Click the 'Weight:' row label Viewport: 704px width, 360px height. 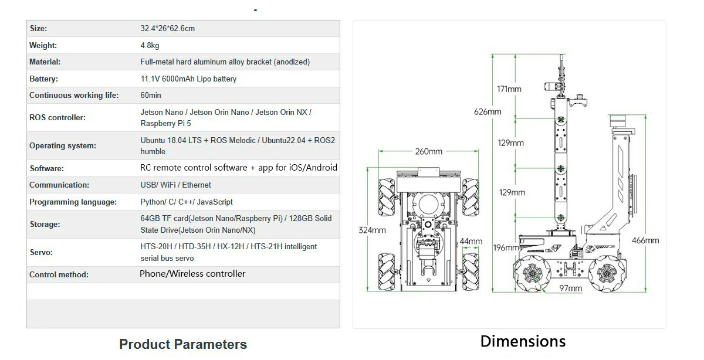[x=43, y=45]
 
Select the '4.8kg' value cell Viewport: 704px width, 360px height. [x=150, y=45]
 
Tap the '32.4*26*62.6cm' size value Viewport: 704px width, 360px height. [x=167, y=28]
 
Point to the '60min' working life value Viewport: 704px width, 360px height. [x=151, y=95]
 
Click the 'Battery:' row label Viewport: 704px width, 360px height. [x=44, y=79]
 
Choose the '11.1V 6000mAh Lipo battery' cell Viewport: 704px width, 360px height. [x=188, y=79]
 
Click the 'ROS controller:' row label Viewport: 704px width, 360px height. [x=57, y=117]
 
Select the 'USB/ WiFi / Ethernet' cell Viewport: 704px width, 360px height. [x=175, y=185]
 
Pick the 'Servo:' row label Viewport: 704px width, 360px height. [x=41, y=252]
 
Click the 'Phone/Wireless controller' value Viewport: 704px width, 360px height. [x=192, y=274]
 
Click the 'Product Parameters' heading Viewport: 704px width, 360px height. [x=183, y=344]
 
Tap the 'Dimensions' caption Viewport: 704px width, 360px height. [x=523, y=341]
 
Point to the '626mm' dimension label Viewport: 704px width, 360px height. [x=488, y=112]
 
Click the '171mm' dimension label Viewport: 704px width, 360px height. [x=509, y=89]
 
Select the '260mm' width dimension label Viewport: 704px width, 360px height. [x=429, y=152]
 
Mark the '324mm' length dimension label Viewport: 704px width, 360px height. [x=372, y=230]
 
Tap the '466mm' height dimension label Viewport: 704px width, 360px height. [x=645, y=240]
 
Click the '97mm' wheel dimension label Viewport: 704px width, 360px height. [x=570, y=288]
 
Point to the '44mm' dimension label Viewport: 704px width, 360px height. [x=471, y=242]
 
